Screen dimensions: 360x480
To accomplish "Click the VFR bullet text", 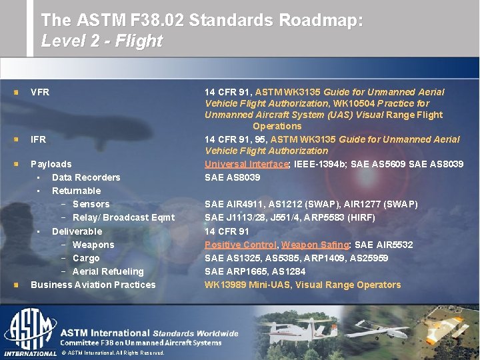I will pyautogui.click(x=40, y=92).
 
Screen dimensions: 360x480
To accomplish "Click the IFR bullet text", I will pyautogui.click(x=39, y=139).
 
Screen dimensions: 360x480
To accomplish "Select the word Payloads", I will pyautogui.click(x=51, y=164).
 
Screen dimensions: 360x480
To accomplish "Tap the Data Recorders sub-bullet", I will pyautogui.click(x=86, y=177).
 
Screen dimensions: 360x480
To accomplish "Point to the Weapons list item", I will pyautogui.click(x=93, y=245).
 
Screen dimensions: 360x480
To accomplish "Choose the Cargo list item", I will pyautogui.click(x=86, y=258).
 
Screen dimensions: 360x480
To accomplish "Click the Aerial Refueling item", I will pyautogui.click(x=108, y=271).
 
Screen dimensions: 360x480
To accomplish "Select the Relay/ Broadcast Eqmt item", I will pyautogui.click(x=123, y=217).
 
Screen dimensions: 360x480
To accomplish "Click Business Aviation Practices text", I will pyautogui.click(x=93, y=285).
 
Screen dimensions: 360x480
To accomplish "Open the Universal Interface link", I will pyautogui.click(x=247, y=164).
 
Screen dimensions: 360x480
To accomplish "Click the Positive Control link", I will pyautogui.click(x=239, y=245).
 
